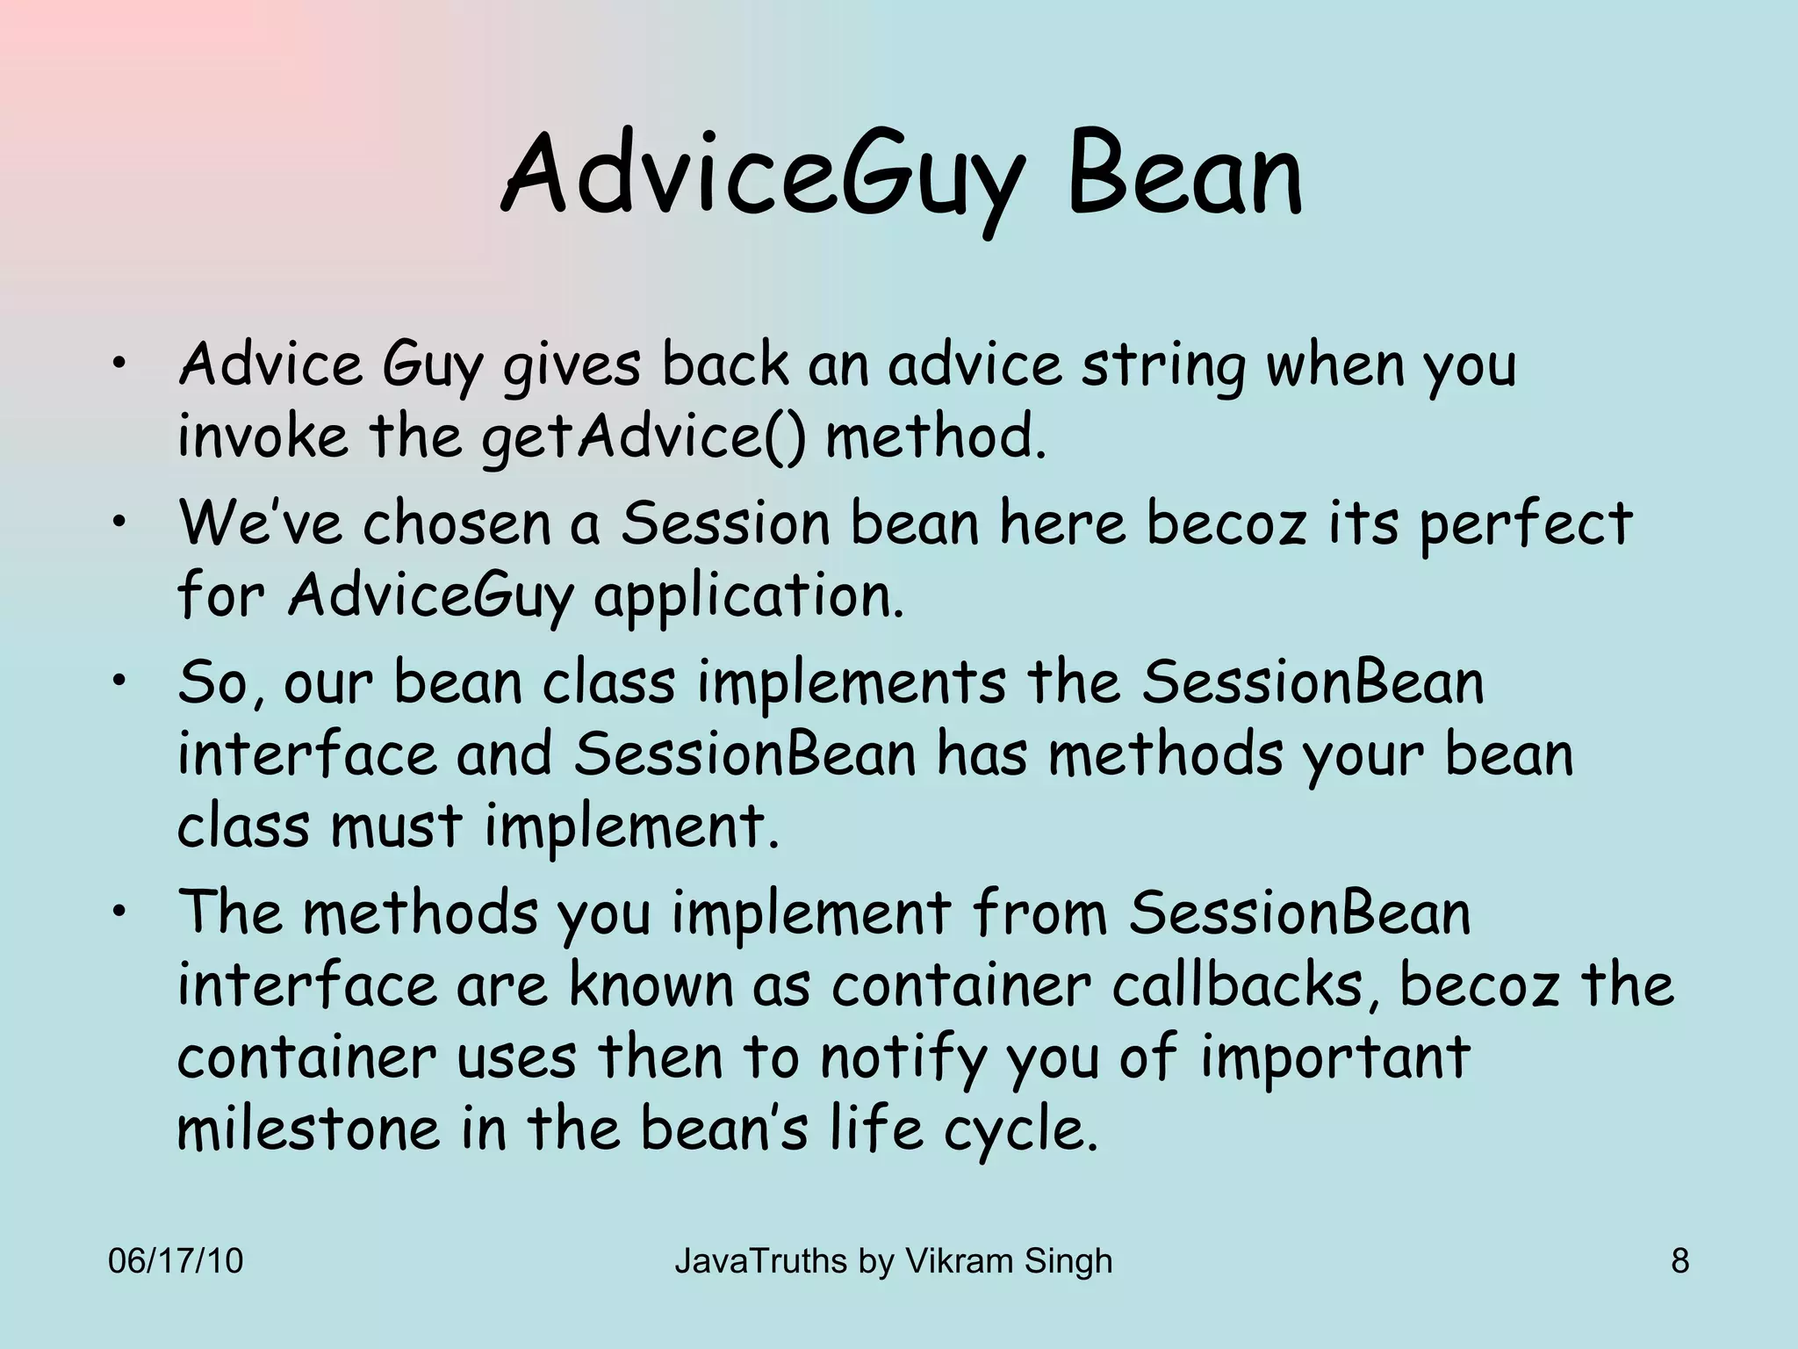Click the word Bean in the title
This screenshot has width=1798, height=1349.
coord(1185,176)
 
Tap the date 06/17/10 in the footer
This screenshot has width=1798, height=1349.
coord(175,1261)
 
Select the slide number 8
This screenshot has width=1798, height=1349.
coord(1679,1261)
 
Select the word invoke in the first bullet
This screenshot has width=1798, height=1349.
coord(263,436)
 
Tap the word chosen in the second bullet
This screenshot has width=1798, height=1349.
coord(457,523)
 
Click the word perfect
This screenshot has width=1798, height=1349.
coord(1525,525)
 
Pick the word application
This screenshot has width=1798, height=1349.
coord(748,597)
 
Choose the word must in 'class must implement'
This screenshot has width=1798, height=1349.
coord(396,827)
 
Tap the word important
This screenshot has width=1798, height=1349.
coord(1334,1059)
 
